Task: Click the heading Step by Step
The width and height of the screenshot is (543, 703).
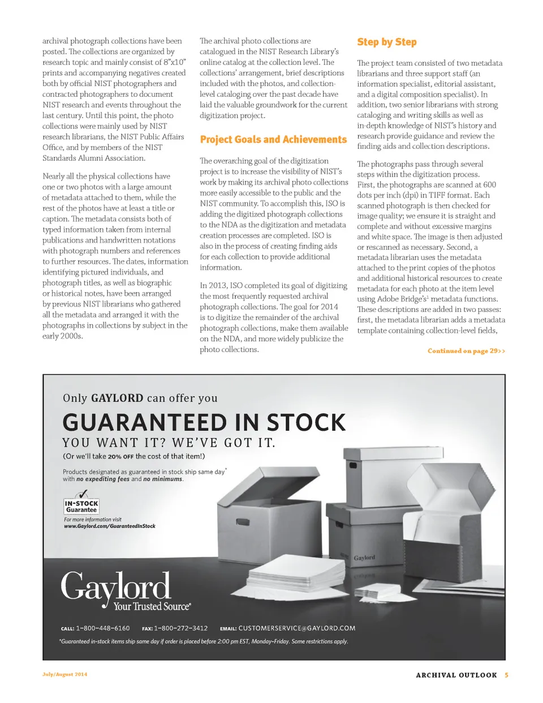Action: (x=387, y=42)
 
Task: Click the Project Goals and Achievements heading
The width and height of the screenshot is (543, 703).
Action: (x=273, y=140)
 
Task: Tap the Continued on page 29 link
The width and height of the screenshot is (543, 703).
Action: (x=466, y=351)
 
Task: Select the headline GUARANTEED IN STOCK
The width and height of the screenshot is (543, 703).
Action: (x=204, y=423)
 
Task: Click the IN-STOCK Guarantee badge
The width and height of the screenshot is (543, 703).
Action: (x=81, y=506)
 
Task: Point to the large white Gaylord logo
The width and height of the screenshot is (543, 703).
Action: (x=115, y=586)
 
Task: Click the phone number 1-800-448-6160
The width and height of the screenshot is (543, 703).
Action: (x=102, y=628)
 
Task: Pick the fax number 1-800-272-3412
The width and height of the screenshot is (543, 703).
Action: (x=180, y=628)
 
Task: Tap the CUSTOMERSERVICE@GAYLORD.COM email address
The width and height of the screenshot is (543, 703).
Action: (x=297, y=628)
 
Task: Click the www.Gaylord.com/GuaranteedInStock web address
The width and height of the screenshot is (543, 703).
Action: (x=110, y=526)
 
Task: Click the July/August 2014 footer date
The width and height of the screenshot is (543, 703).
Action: (x=64, y=675)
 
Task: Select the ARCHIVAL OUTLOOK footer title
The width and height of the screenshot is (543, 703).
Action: (x=456, y=675)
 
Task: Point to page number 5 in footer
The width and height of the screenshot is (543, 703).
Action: (x=507, y=675)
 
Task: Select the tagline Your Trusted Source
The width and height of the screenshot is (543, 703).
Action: (x=152, y=607)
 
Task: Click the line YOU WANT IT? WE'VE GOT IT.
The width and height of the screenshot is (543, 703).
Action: (x=169, y=443)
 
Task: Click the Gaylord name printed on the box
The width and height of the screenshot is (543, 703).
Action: (x=364, y=558)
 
